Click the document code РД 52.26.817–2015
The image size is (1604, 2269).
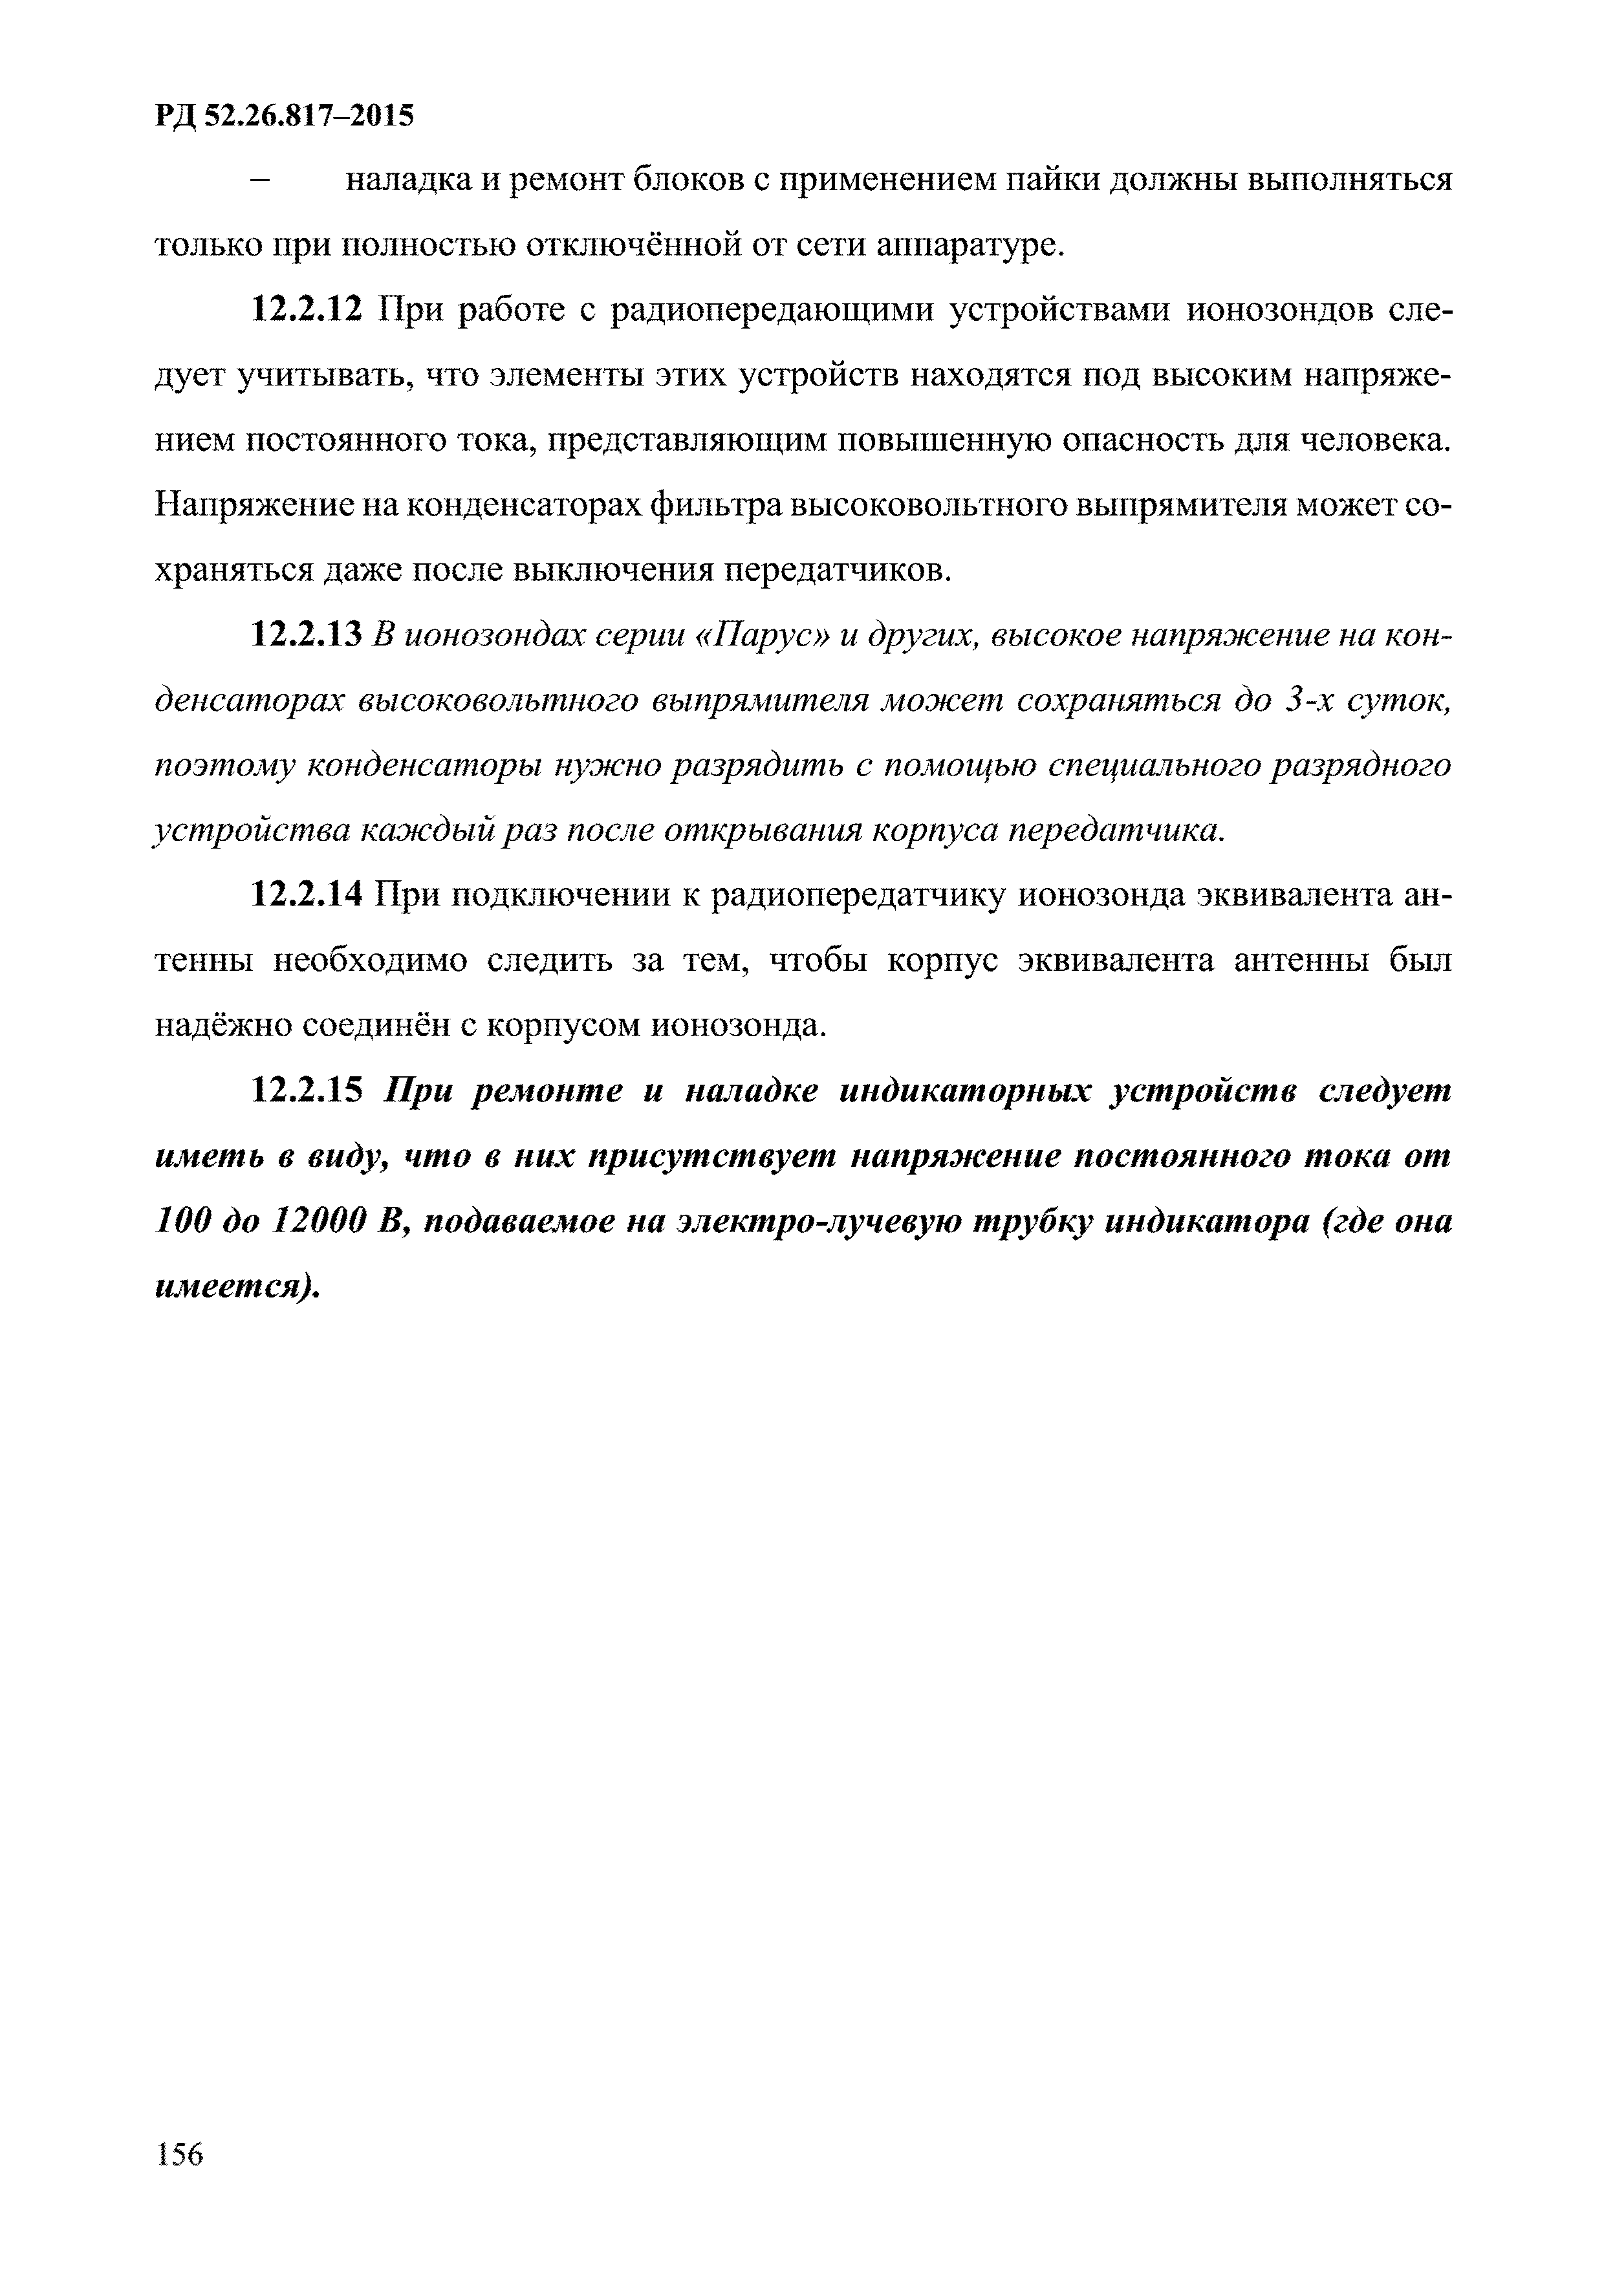coord(285,116)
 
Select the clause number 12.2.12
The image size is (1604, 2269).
coord(309,311)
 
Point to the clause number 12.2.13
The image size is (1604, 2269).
coord(309,635)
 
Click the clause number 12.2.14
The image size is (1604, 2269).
coord(309,895)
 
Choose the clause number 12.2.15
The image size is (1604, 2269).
coord(309,1091)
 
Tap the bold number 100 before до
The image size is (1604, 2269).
coord(183,1221)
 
